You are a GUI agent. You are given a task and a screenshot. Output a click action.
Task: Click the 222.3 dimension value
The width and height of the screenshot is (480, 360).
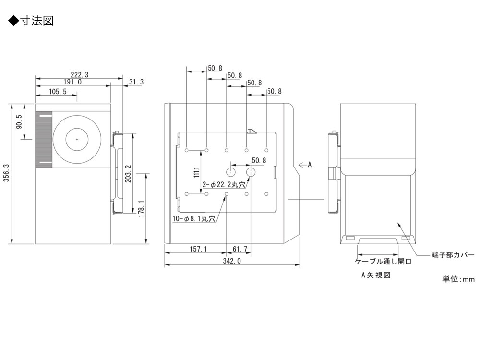coord(80,74)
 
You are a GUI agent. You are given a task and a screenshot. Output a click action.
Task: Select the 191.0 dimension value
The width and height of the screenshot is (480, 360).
coord(72,82)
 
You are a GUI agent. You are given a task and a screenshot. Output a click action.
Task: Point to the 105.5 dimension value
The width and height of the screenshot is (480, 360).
coord(58,91)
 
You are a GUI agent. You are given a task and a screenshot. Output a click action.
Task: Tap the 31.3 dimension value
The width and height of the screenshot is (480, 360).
coord(135,82)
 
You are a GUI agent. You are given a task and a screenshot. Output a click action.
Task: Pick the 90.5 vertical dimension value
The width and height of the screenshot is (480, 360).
coord(19,122)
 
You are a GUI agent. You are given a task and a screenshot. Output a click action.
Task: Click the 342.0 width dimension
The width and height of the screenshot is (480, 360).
coord(232,261)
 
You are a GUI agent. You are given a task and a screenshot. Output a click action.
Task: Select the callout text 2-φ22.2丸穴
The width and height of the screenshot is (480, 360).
coord(224,184)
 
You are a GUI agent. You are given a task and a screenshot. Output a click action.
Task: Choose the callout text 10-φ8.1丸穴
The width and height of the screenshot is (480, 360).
coord(194,219)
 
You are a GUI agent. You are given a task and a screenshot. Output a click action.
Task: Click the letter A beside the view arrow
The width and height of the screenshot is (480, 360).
coord(310,165)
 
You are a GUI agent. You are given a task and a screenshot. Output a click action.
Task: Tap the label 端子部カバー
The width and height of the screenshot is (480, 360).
coord(453,254)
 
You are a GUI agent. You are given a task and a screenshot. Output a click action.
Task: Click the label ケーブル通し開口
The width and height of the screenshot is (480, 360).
coord(383,262)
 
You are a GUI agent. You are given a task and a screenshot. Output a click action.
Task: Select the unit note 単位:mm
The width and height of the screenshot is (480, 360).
coord(458,279)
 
